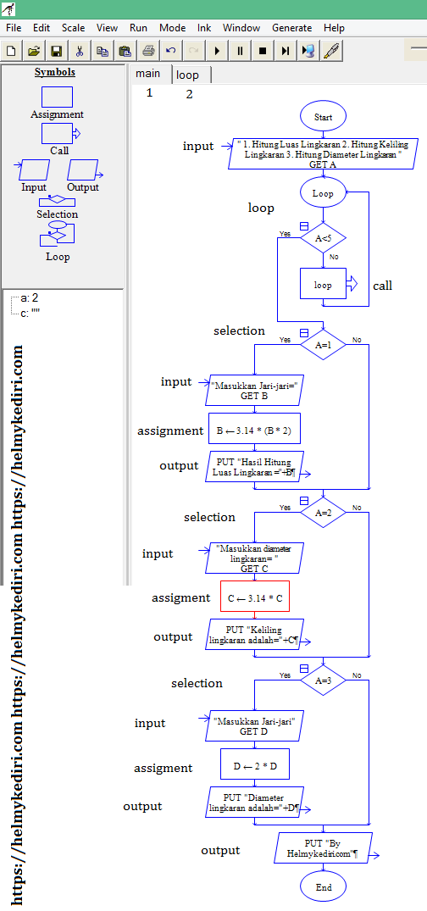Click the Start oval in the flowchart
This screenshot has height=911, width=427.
tap(323, 117)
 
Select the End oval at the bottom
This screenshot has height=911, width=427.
tap(323, 887)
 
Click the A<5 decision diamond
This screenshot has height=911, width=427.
tap(323, 239)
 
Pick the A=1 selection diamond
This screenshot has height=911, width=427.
tap(323, 346)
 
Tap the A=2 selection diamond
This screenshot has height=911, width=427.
tap(323, 513)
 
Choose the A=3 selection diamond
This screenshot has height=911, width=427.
tap(323, 680)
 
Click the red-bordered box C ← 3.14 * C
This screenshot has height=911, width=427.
tap(254, 597)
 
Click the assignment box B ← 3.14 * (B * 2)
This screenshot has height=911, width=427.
tap(254, 430)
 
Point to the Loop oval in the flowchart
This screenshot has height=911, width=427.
tap(323, 193)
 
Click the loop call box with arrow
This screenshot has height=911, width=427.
tap(324, 285)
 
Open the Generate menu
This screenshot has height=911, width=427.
tap(292, 28)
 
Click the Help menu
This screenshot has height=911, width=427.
tap(334, 28)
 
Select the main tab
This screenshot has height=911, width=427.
tap(148, 74)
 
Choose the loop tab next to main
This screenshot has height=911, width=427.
tap(188, 75)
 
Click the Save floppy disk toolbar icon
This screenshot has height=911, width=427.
tap(57, 51)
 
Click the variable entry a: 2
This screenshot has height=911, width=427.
tap(30, 298)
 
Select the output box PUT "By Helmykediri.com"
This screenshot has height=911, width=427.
tap(324, 848)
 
